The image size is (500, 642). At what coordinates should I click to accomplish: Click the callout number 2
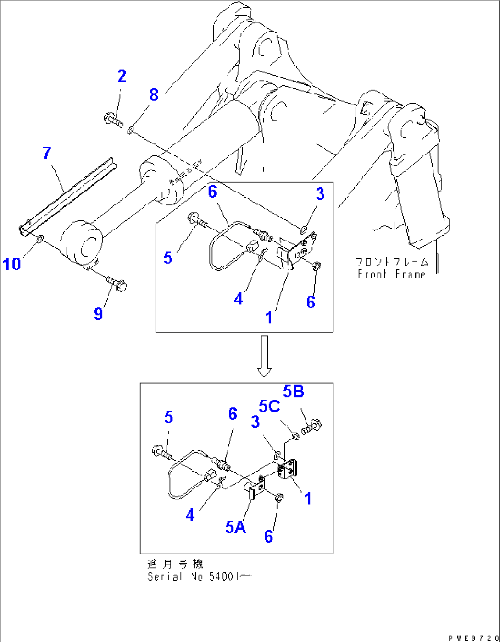[x=122, y=76]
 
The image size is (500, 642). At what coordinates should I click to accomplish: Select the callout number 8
[x=154, y=95]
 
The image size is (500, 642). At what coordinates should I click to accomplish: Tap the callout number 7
[x=47, y=153]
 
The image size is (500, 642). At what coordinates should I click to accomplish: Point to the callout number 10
[x=12, y=264]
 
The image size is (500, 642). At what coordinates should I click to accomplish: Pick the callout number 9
[x=98, y=314]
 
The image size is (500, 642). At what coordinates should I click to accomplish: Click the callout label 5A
[x=235, y=527]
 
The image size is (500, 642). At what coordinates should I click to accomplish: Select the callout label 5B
[x=294, y=391]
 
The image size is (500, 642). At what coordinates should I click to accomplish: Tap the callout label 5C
[x=269, y=406]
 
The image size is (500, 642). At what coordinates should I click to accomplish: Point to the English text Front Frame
[x=391, y=274]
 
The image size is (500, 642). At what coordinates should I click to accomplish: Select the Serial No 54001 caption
[x=199, y=576]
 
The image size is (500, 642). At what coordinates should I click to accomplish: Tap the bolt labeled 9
[x=117, y=284]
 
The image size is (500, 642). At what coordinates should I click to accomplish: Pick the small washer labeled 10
[x=39, y=238]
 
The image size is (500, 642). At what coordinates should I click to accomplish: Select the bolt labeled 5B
[x=312, y=427]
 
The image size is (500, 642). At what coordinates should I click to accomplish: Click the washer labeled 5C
[x=296, y=435]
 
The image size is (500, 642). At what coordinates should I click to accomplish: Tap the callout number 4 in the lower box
[x=190, y=515]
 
